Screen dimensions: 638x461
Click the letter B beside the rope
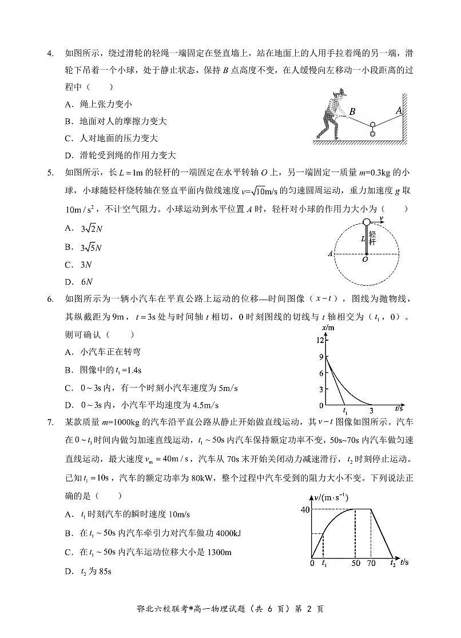[352, 112]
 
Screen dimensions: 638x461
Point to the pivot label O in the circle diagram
[365, 260]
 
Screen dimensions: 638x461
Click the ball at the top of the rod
[367, 222]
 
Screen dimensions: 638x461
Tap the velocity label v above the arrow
[381, 218]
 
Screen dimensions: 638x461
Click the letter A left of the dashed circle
[330, 254]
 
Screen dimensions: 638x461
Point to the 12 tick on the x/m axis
[320, 340]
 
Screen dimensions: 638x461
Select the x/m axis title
[328, 328]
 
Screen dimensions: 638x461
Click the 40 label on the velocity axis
[304, 509]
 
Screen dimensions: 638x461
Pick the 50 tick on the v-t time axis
[355, 563]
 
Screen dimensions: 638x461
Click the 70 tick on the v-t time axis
[372, 563]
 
